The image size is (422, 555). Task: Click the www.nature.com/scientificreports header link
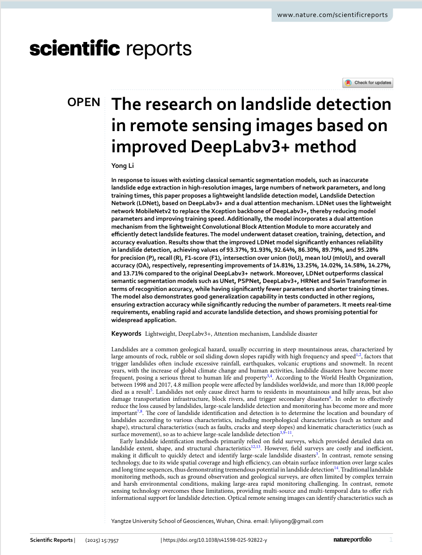(x=332, y=15)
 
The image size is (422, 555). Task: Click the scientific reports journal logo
(x=110, y=49)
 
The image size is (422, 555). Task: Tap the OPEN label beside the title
(x=84, y=103)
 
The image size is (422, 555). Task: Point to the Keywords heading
(x=126, y=333)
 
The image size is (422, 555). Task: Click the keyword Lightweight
(x=160, y=334)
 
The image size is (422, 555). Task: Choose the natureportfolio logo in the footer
(x=352, y=539)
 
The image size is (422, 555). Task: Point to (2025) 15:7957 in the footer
(x=103, y=540)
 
